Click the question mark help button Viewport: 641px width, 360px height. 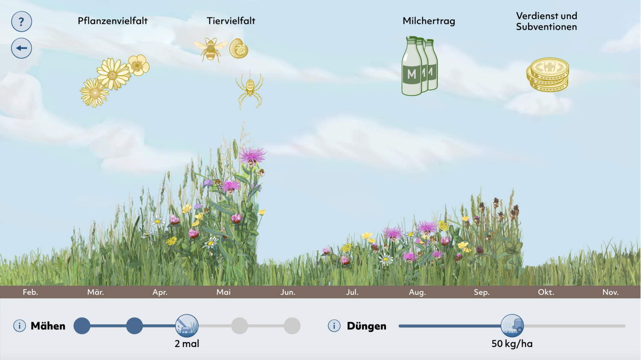(21, 22)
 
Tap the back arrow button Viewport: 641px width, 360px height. (21, 48)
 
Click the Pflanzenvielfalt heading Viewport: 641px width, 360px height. (112, 21)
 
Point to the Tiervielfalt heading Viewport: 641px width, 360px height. (231, 21)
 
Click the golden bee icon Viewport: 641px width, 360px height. (210, 50)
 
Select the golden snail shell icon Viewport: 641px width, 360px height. (239, 49)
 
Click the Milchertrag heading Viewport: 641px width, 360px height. (429, 21)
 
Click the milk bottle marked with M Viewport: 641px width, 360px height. (411, 67)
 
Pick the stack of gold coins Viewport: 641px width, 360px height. (547, 75)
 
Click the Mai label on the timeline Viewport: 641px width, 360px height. (223, 292)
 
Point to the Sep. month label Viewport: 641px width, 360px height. (482, 292)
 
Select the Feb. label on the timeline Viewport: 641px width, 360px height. (30, 292)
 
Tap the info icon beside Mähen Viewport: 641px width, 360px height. (19, 326)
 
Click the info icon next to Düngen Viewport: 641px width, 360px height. (334, 326)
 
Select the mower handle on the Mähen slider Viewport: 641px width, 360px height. (187, 326)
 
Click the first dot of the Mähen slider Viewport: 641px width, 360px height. (82, 326)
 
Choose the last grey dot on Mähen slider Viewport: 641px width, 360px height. (292, 326)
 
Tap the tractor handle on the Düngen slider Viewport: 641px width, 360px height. (512, 326)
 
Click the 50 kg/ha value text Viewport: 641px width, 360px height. (512, 344)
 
